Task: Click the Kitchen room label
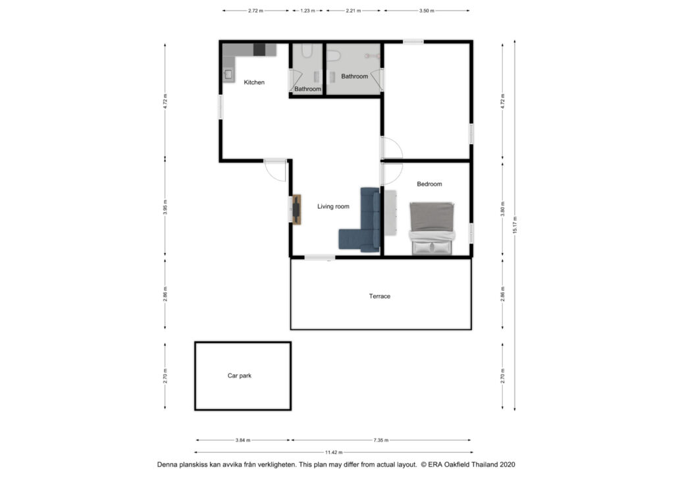(x=254, y=82)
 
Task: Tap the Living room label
(x=333, y=206)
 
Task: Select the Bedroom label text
(x=429, y=184)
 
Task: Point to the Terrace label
(x=380, y=296)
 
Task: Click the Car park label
(x=240, y=376)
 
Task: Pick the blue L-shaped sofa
(x=360, y=220)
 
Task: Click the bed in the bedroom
(x=432, y=229)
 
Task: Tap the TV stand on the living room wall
(x=296, y=210)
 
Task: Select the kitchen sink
(x=228, y=74)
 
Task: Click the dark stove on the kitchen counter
(x=259, y=50)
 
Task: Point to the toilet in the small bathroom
(x=307, y=51)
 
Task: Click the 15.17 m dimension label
(x=515, y=225)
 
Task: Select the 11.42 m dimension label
(x=334, y=452)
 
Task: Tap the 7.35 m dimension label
(x=381, y=440)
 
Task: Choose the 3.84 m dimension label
(x=243, y=440)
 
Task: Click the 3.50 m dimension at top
(x=427, y=11)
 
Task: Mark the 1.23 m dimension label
(x=307, y=11)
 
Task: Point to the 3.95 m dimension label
(x=165, y=208)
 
